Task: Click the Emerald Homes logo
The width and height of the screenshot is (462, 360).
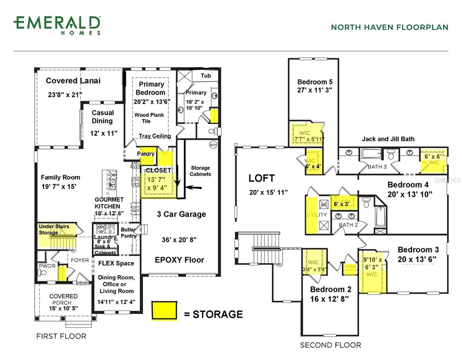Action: coord(57,25)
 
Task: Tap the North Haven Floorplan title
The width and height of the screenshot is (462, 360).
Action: coord(389,27)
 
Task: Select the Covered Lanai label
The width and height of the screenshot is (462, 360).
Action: coord(73,81)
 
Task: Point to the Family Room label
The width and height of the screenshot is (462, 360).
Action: coord(60,177)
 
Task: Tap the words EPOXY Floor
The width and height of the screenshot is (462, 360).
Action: coord(179,260)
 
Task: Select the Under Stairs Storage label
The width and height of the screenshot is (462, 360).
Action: coord(54,229)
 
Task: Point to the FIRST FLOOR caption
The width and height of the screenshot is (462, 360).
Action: coord(61,336)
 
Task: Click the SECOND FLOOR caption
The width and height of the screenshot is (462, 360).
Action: coord(330,345)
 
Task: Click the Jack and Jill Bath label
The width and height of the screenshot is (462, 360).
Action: coord(388,139)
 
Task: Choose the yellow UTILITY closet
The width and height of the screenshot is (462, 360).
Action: coord(311,215)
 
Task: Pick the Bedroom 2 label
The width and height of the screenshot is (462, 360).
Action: coord(330,289)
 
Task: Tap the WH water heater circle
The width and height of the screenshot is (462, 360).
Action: coord(212,144)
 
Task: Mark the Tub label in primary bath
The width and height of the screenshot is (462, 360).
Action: coord(206,75)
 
